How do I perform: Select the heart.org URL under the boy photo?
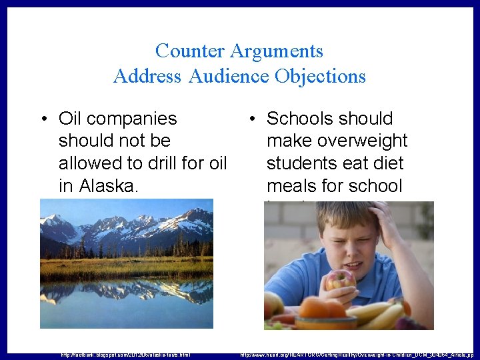click(357, 355)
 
